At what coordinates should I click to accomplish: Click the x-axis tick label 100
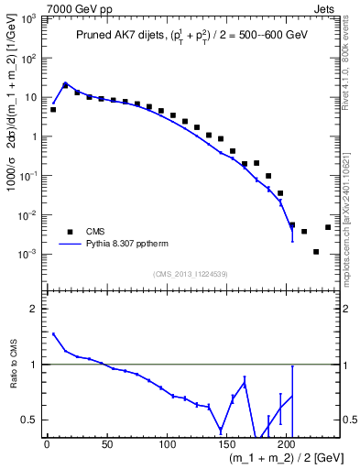tap(167, 444)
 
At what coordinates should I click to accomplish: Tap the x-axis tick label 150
tap(227, 444)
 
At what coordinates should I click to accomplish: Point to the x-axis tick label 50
tap(107, 444)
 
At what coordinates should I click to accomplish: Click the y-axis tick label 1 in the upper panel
tap(35, 136)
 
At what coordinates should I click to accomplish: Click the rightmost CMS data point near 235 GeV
tap(328, 227)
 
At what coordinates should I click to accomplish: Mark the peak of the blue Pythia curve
tap(65, 82)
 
